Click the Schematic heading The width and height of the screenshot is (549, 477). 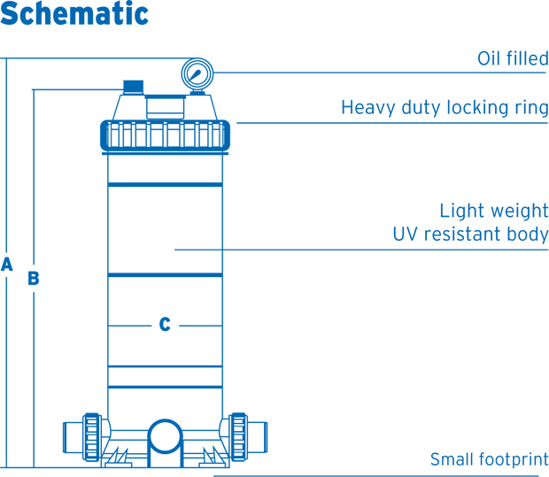(x=74, y=15)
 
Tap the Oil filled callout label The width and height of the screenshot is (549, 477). (x=513, y=59)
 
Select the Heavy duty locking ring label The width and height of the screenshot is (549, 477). (x=445, y=109)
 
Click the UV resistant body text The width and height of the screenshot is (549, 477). (x=470, y=235)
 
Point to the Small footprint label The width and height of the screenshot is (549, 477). (x=489, y=460)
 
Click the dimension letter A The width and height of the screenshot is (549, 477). (x=7, y=265)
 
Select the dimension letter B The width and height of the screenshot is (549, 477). (x=34, y=278)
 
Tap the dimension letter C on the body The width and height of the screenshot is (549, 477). (x=165, y=325)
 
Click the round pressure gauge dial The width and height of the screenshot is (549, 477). (x=197, y=73)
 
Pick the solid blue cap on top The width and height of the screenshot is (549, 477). (x=133, y=87)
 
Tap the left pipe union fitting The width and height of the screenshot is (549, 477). (x=90, y=435)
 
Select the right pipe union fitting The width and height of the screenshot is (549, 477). (x=238, y=435)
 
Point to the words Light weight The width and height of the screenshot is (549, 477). (x=494, y=211)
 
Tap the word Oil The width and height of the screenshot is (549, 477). (x=490, y=59)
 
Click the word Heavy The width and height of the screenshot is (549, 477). (x=367, y=109)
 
